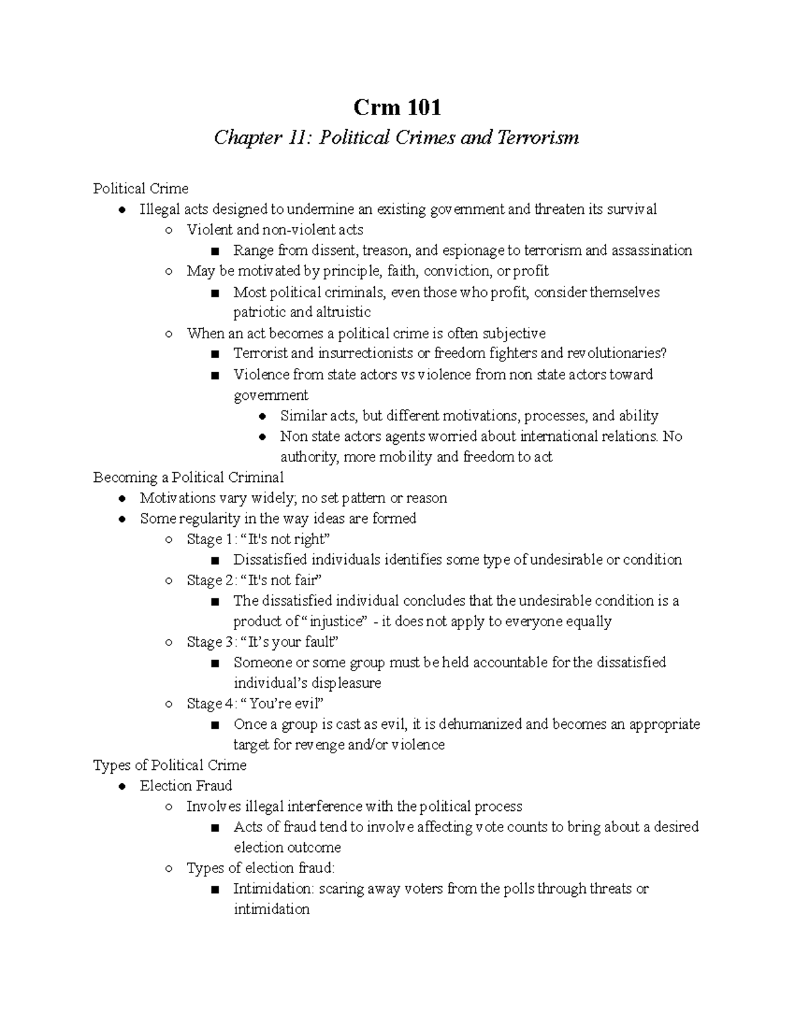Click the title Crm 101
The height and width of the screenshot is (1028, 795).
pyautogui.click(x=397, y=107)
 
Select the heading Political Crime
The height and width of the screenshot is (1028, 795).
pyautogui.click(x=140, y=189)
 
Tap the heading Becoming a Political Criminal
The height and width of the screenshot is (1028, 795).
pyautogui.click(x=188, y=477)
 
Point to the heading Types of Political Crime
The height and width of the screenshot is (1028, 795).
pyautogui.click(x=170, y=765)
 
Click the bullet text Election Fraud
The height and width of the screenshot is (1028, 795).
pyautogui.click(x=185, y=786)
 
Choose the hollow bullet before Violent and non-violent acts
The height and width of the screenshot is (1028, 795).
pyautogui.click(x=169, y=230)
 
